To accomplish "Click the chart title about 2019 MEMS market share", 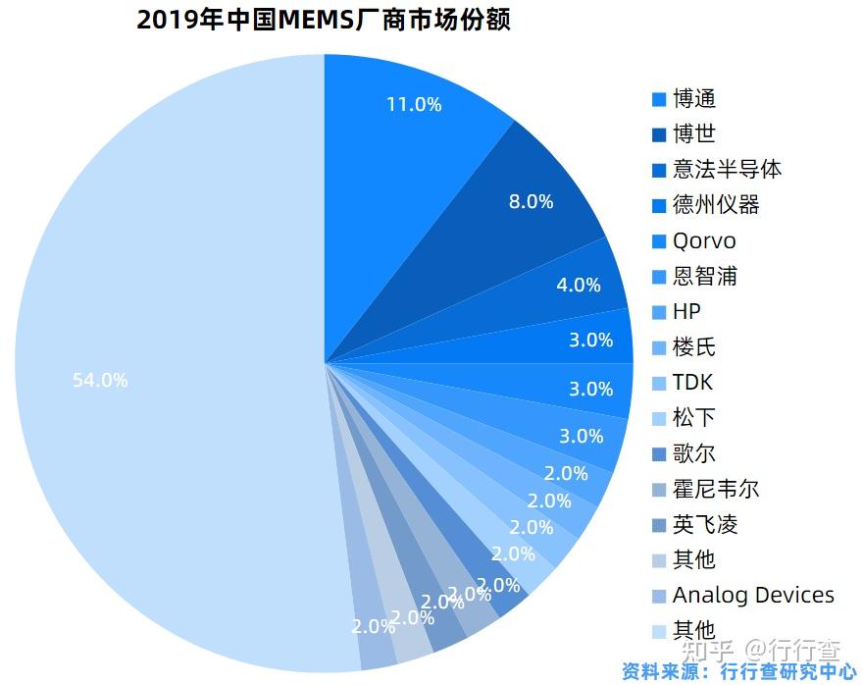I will click(x=324, y=21).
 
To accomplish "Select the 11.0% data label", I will click(x=413, y=104).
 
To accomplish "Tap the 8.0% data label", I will click(x=531, y=201).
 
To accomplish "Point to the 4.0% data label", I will click(x=578, y=285).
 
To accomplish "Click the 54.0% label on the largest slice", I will click(x=100, y=380).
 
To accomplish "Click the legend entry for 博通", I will click(x=694, y=99).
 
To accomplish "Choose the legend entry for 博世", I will click(x=694, y=134).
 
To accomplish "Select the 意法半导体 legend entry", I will click(x=727, y=169).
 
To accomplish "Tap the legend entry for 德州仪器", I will click(x=716, y=205).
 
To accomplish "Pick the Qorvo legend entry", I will click(x=703, y=240).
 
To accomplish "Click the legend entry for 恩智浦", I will click(x=704, y=277).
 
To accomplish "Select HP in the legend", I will click(x=686, y=312).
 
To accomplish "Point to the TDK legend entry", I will click(x=692, y=383).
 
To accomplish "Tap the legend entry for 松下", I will click(x=694, y=418).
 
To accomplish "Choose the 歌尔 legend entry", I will click(x=694, y=453).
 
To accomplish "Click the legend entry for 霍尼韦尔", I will click(x=716, y=489).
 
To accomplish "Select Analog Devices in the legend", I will click(x=752, y=595).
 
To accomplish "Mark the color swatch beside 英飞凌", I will click(x=659, y=524).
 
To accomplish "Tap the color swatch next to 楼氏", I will click(x=659, y=347).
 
